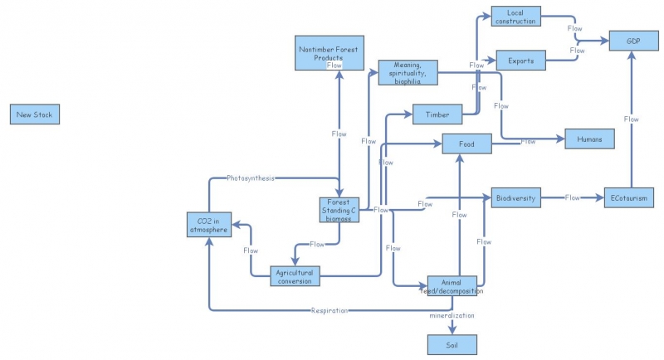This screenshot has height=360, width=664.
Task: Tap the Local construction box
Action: [515, 16]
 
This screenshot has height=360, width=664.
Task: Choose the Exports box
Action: [520, 61]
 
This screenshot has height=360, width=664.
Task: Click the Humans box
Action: [589, 139]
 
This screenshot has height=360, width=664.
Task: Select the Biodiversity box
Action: [516, 198]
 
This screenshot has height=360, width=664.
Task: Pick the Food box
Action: [466, 144]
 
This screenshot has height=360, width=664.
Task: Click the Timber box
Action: [437, 114]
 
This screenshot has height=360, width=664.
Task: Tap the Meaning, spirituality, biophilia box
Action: [408, 72]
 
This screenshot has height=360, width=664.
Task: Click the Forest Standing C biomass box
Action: [340, 210]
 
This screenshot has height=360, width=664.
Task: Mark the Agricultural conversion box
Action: [295, 276]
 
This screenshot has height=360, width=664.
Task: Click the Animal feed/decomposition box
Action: [452, 286]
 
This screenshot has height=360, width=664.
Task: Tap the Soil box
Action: [452, 344]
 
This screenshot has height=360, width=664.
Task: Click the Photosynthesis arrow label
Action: [251, 178]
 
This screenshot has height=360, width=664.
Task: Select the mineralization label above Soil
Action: [452, 317]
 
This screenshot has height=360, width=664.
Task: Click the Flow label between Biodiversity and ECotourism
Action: [573, 198]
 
